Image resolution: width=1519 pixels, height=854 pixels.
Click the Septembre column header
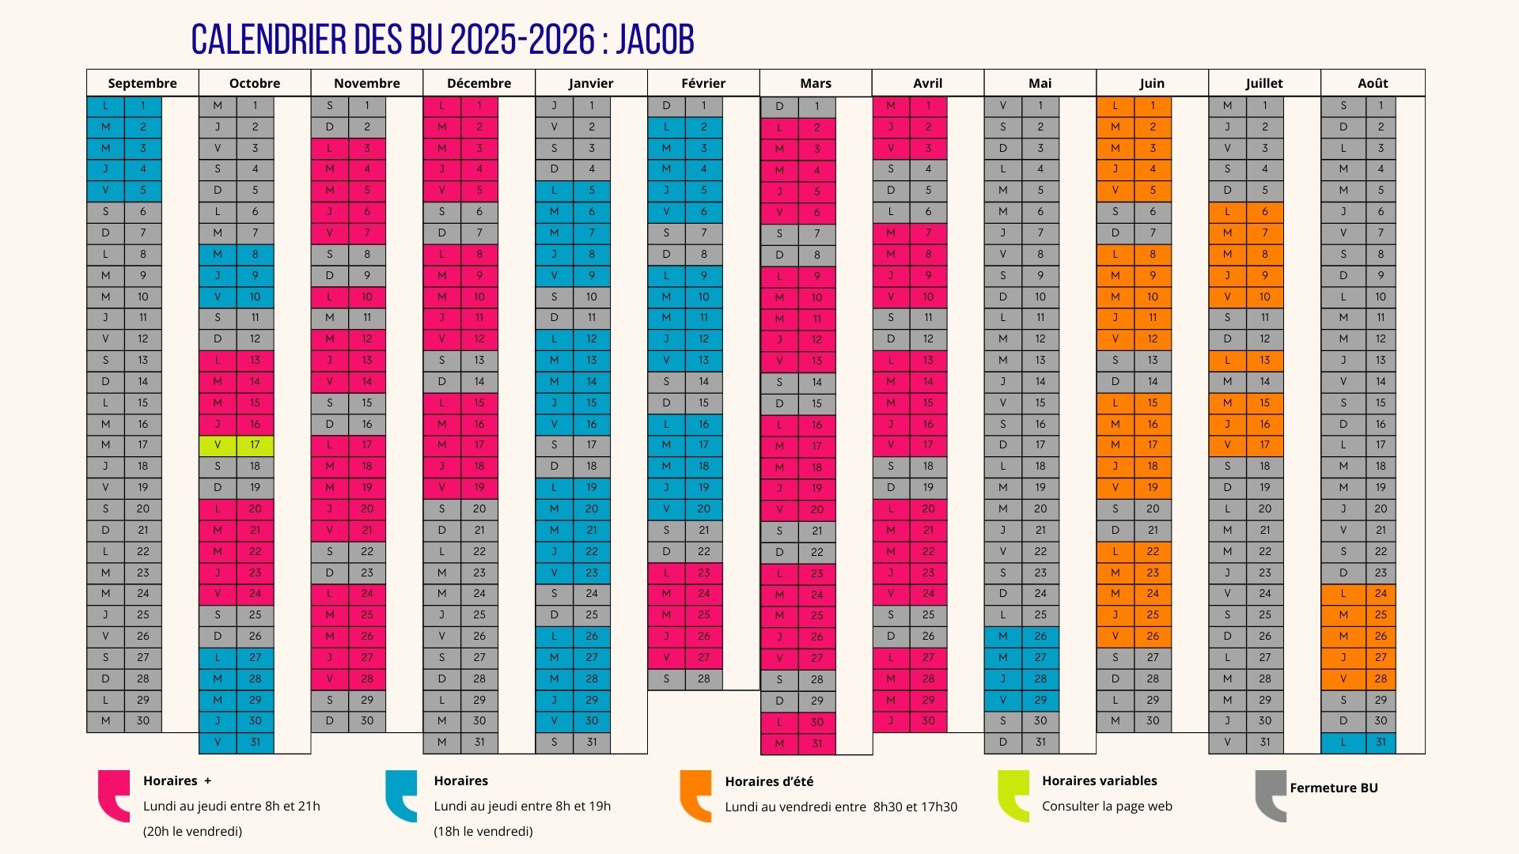(x=142, y=83)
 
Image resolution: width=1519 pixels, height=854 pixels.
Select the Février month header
(x=703, y=83)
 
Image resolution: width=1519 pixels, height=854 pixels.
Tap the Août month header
(x=1373, y=83)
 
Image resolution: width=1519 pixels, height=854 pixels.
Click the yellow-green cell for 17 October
(x=255, y=445)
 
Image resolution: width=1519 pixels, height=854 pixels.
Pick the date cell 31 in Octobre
(x=255, y=743)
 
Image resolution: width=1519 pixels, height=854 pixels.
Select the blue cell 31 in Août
(x=1381, y=743)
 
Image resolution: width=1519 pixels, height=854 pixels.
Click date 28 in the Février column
(x=703, y=679)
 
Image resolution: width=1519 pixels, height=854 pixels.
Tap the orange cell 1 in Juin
(x=1153, y=106)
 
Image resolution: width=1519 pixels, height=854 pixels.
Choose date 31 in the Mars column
(x=816, y=743)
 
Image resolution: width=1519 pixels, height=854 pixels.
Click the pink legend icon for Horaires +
(x=113, y=795)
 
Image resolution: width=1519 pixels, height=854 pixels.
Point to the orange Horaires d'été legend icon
(x=695, y=795)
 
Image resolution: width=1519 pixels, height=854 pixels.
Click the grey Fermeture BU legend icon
(x=1271, y=795)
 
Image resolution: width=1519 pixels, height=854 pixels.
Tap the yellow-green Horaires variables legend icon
(x=1013, y=795)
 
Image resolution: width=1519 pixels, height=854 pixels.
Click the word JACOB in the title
(x=655, y=40)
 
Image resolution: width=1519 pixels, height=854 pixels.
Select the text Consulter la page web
(x=1107, y=806)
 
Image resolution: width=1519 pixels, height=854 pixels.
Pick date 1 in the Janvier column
(x=591, y=106)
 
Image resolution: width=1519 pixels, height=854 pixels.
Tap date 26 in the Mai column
(x=1040, y=637)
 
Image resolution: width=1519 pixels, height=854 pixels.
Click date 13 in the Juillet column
(x=1264, y=361)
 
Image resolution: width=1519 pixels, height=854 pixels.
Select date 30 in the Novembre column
(x=367, y=721)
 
